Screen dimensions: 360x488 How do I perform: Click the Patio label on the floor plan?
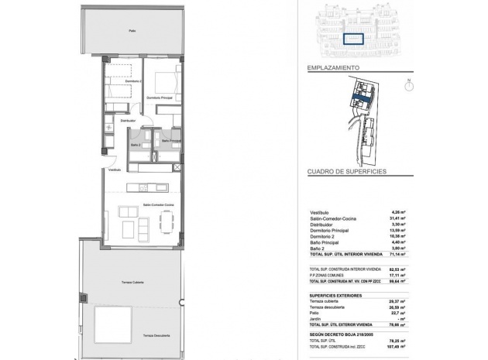(132, 32)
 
